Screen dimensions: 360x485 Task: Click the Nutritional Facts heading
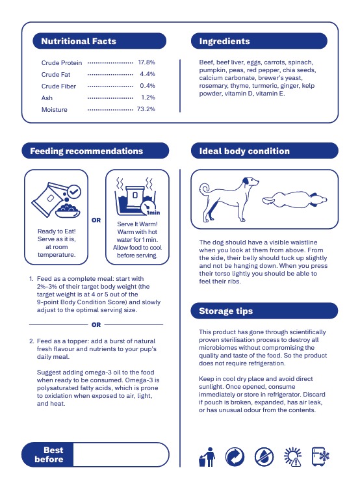pos(79,41)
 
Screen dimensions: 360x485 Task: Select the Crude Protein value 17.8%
pos(146,62)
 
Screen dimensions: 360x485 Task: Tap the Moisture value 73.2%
pos(146,109)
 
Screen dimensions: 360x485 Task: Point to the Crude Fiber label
pos(58,86)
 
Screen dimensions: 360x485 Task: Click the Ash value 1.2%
pos(148,97)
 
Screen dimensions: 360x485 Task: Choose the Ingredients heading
pos(224,41)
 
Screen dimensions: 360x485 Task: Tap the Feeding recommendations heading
pos(86,151)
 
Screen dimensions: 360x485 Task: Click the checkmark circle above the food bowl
pos(74,192)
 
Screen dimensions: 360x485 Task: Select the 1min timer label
pos(153,213)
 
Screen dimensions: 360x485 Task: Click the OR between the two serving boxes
pos(96,220)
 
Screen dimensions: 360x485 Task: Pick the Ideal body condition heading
pos(244,151)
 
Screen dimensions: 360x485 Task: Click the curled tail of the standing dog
pos(205,189)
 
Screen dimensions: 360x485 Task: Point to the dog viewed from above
pos(295,200)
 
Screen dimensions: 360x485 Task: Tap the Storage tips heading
pos(225,311)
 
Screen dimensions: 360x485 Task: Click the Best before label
pos(49,454)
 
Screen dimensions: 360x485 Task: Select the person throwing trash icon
pos(207,457)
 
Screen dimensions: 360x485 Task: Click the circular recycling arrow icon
pos(235,456)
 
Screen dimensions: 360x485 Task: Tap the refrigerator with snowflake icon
pos(320,456)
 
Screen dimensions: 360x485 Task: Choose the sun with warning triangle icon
pos(292,456)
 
